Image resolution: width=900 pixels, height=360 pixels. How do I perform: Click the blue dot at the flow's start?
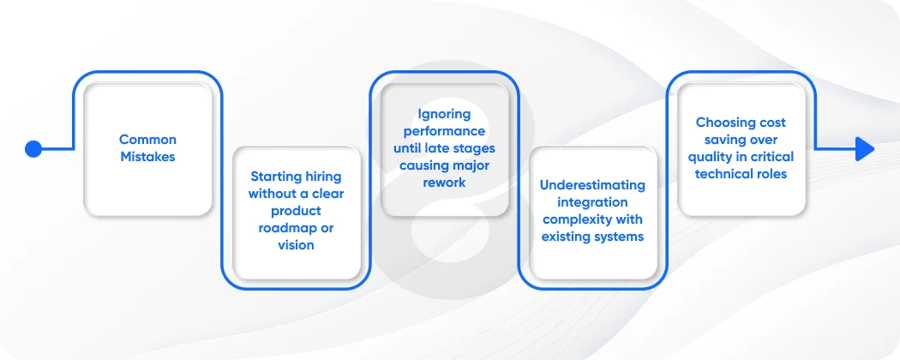(33, 149)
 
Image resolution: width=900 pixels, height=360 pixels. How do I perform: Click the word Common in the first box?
(147, 140)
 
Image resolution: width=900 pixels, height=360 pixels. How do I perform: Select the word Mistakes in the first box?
(147, 157)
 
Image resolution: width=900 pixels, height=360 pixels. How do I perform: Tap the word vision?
(296, 245)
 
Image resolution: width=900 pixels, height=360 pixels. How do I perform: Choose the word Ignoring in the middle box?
(444, 114)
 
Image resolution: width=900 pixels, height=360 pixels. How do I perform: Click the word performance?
(444, 131)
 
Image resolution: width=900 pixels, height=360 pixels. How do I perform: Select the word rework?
(444, 183)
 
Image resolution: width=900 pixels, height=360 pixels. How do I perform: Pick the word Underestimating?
(592, 185)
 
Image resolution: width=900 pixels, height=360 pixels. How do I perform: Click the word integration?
(592, 202)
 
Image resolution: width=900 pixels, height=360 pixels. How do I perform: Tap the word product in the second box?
(296, 211)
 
